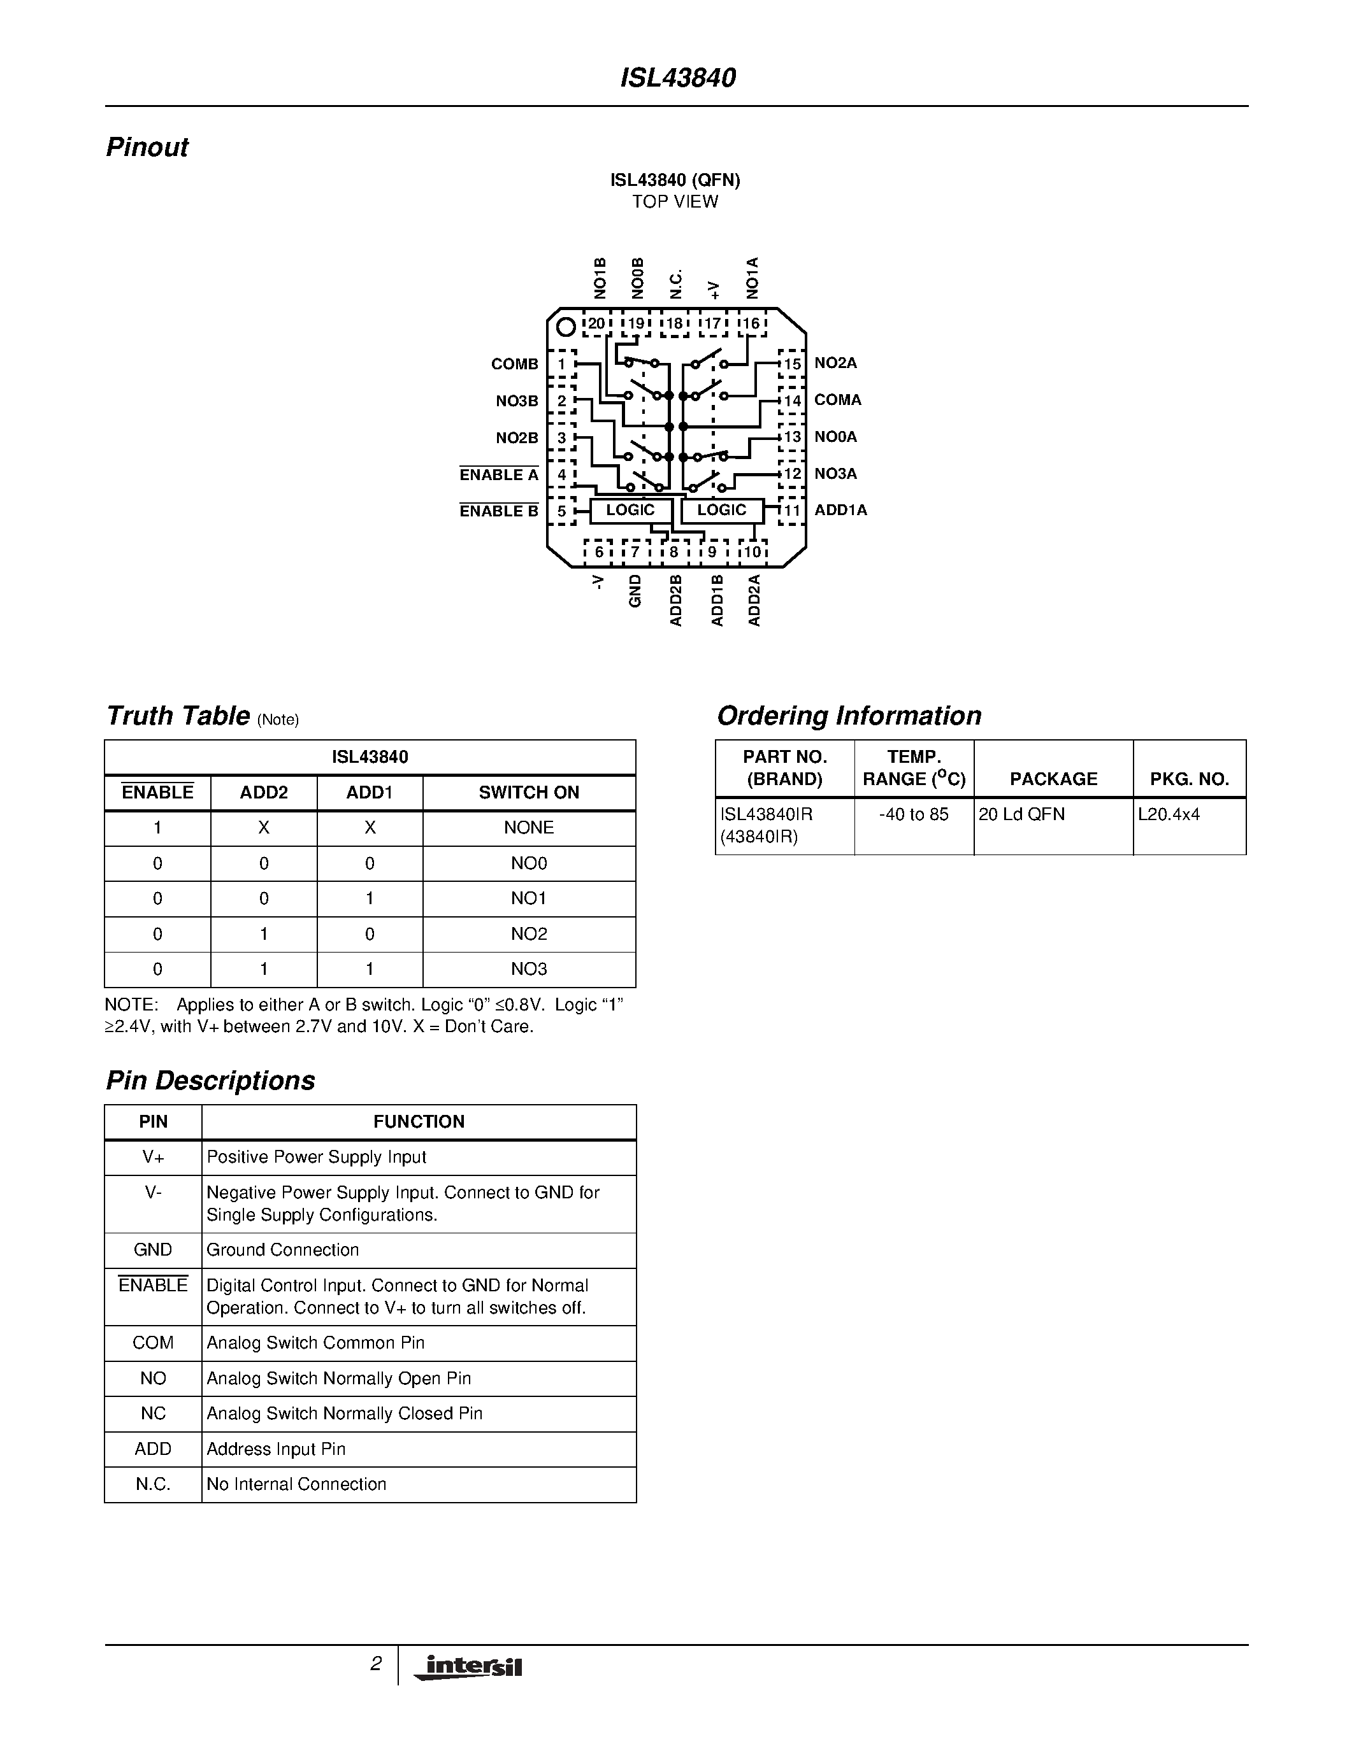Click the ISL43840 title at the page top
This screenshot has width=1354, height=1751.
click(x=678, y=78)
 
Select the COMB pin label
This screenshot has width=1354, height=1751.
click(x=514, y=364)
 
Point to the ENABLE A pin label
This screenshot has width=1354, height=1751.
click(x=498, y=474)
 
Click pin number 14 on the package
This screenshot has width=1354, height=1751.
click(x=793, y=401)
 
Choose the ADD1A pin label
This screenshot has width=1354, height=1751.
click(x=840, y=510)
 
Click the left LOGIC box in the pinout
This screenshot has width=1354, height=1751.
click(x=630, y=510)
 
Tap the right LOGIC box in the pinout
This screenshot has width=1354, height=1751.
click(x=721, y=510)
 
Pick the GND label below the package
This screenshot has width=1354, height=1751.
click(x=635, y=590)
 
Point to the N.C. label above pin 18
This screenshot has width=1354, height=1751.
click(x=676, y=284)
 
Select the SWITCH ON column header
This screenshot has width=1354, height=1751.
click(x=529, y=792)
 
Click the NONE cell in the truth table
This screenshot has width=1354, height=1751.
click(x=529, y=827)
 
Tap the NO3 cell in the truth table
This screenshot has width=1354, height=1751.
click(x=529, y=968)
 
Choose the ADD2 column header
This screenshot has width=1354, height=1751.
click(x=263, y=792)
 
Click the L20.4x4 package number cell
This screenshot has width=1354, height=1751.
click(x=1169, y=814)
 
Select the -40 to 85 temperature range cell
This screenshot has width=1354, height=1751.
click(x=913, y=814)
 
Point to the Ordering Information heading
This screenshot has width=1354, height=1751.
click(x=849, y=715)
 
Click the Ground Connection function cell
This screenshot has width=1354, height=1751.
click(x=282, y=1250)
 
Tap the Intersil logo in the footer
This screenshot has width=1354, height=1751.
click(x=468, y=1668)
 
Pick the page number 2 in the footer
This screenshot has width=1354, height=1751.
click(x=375, y=1664)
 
